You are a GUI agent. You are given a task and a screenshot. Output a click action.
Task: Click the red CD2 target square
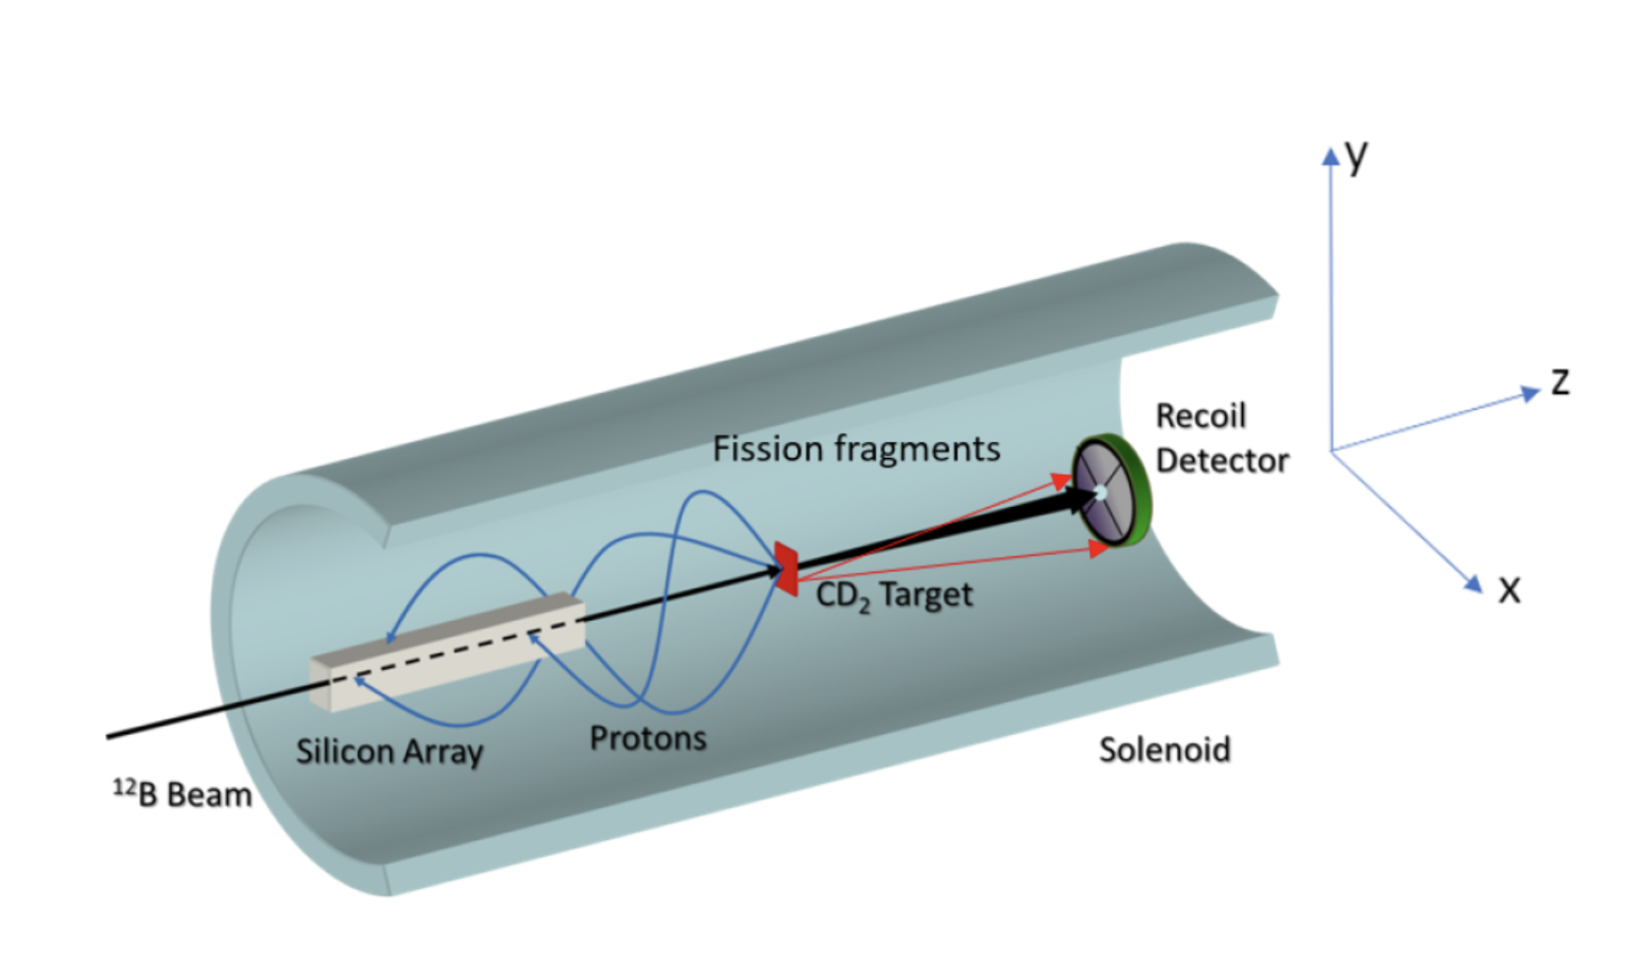coord(786,568)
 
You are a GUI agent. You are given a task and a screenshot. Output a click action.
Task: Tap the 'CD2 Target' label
coord(894,595)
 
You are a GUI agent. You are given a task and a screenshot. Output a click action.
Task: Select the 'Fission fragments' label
coord(855,449)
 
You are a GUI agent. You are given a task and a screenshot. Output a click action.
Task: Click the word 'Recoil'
coord(1201,416)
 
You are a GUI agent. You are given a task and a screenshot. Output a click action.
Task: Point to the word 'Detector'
coord(1222,460)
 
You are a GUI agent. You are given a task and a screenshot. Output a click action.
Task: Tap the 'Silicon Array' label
coord(389,752)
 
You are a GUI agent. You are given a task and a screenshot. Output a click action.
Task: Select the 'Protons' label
coord(648,738)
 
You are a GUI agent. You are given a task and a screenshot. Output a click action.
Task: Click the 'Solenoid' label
coord(1164,750)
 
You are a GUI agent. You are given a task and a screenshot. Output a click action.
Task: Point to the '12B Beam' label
coord(183,793)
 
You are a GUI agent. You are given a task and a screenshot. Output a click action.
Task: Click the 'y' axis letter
coord(1357,154)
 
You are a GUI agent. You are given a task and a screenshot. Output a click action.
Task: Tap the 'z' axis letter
coord(1559,381)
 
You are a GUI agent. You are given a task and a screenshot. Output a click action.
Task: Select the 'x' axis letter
coord(1508,590)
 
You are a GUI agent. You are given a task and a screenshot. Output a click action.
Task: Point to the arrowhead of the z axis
coord(1530,393)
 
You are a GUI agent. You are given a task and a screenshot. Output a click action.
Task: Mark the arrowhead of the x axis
coord(1473,583)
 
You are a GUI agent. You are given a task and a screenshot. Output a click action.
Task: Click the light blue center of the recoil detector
coord(1100,492)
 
